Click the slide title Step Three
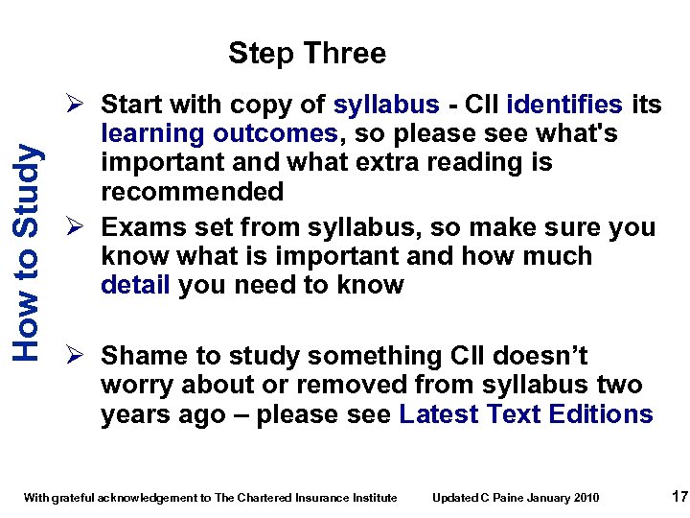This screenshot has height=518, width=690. pos(307,53)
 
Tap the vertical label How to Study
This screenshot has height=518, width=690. pos(28,251)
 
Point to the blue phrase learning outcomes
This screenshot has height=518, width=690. pos(219,133)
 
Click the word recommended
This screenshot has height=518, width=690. pos(192,191)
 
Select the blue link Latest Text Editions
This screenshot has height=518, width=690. pos(526,414)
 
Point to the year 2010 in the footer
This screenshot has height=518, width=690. pos(586,497)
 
